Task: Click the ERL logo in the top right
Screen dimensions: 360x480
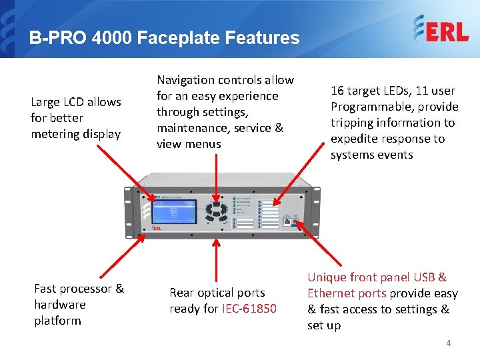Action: (440, 30)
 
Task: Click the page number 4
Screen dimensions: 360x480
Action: (449, 343)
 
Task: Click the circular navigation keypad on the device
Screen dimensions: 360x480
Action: (216, 212)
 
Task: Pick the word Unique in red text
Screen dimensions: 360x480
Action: (327, 277)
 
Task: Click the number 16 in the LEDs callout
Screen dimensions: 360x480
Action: (338, 91)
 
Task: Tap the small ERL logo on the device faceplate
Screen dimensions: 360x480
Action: (157, 227)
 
